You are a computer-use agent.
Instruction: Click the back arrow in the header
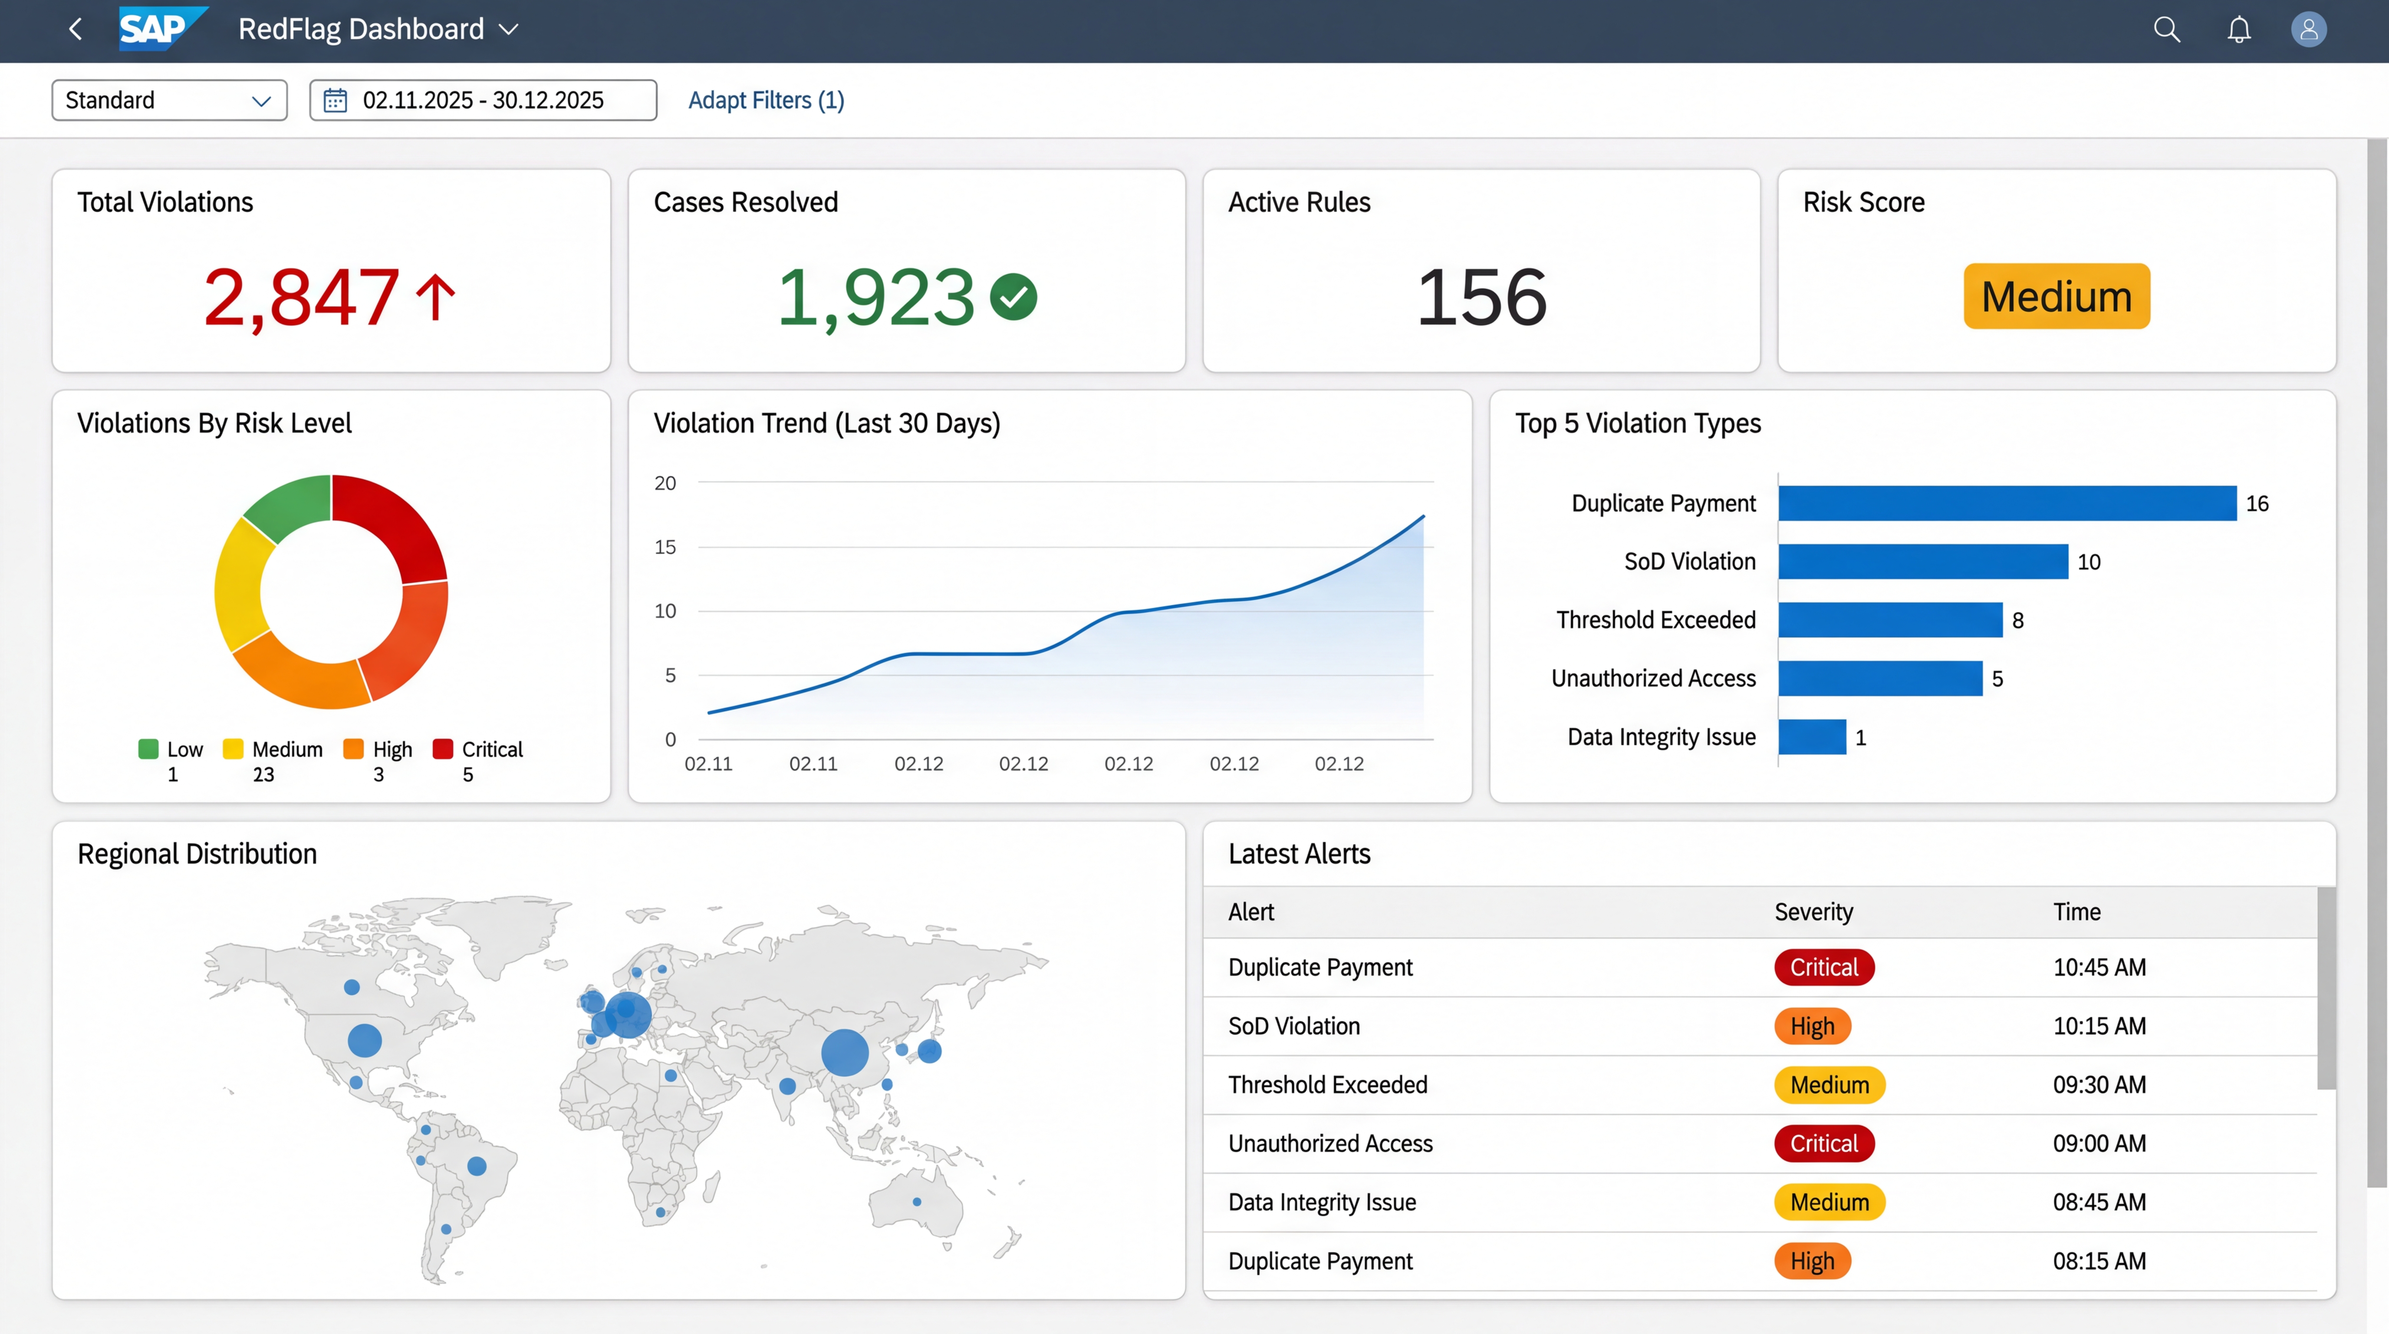pos(76,30)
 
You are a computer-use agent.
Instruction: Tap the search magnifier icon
pos(2166,30)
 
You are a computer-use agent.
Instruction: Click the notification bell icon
pos(2239,30)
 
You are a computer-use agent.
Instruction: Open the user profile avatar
pos(2308,30)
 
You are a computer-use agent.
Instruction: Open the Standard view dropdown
pos(169,100)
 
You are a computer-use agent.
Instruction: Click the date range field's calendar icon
pos(335,100)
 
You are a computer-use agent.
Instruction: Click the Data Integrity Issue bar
pos(1812,737)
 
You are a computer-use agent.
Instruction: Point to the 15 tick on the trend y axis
pos(665,547)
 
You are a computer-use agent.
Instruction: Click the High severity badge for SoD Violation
pos(1812,1026)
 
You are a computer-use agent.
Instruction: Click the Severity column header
pos(1813,912)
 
